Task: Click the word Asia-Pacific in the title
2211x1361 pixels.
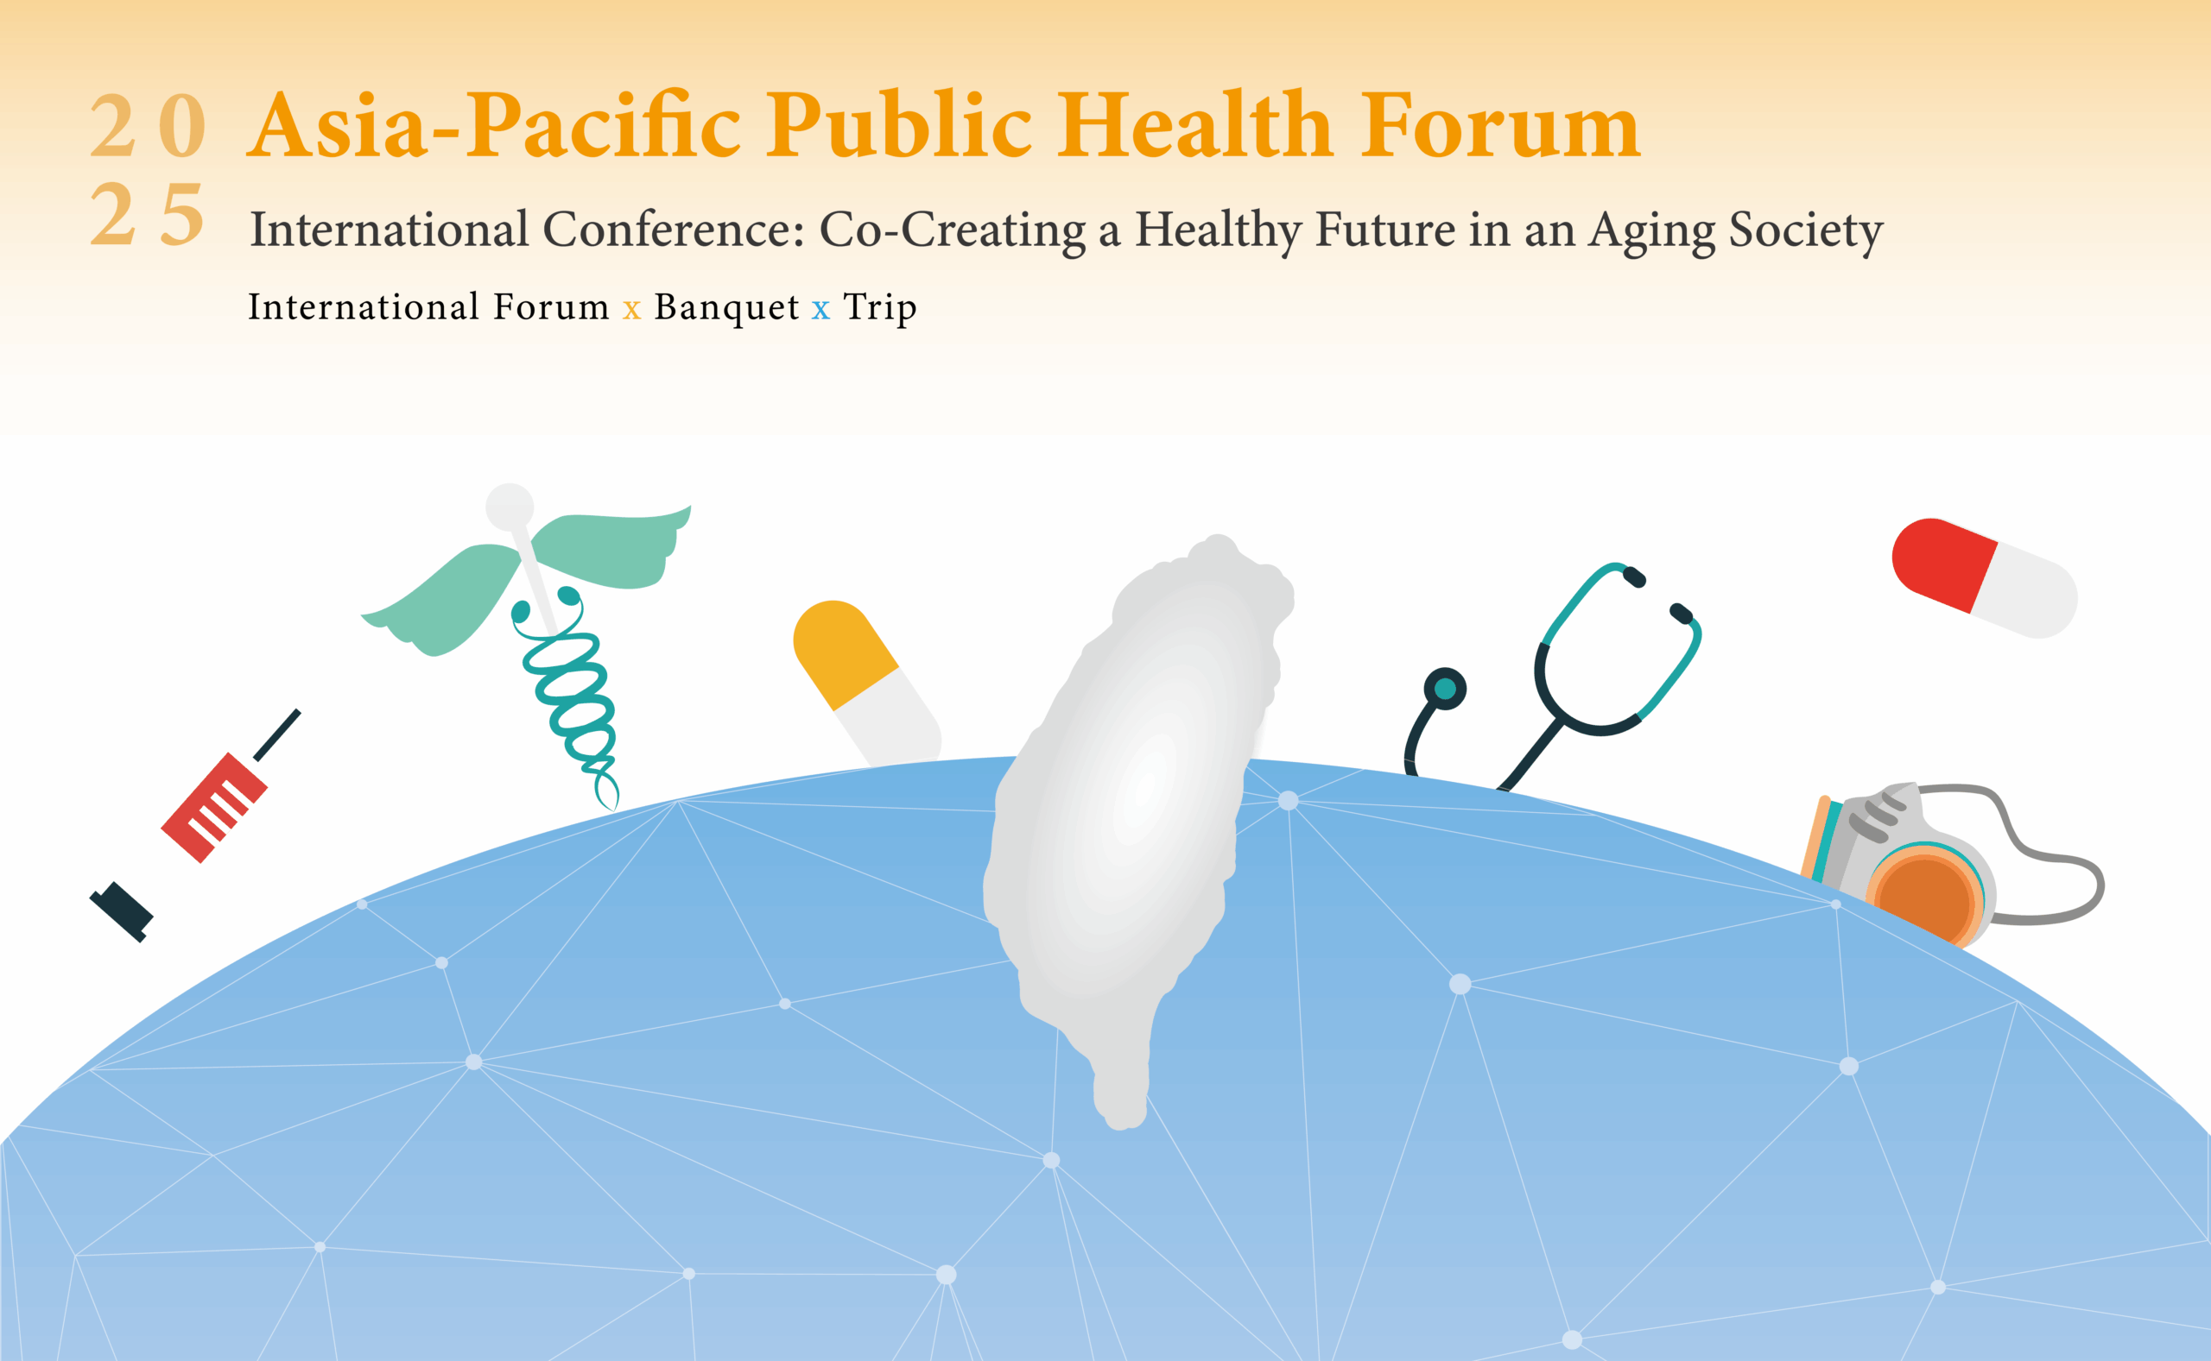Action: pos(493,126)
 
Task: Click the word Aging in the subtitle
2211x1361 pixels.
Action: pos(1651,232)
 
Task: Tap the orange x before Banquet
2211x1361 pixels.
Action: pos(631,311)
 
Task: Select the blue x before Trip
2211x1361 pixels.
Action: pos(820,311)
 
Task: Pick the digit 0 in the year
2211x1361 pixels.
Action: pos(183,125)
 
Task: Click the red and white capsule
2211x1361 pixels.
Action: pos(1984,578)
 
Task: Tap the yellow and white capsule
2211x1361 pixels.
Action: pos(866,684)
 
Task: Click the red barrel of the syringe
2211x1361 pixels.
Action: pos(214,808)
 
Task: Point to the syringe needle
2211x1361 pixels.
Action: pos(276,735)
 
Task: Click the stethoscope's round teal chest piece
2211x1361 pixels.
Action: pos(1445,690)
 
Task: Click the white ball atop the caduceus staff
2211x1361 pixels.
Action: pos(510,507)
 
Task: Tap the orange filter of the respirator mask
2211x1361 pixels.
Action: pos(1924,898)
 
